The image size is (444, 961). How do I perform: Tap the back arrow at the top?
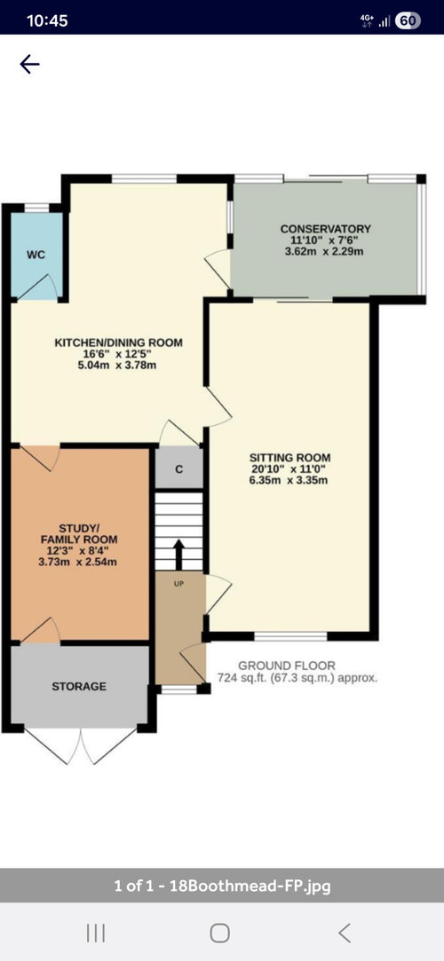(x=29, y=64)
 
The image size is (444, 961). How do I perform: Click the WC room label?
(x=36, y=256)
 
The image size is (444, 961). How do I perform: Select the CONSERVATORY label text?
(x=326, y=229)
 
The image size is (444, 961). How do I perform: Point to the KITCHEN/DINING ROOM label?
(x=119, y=343)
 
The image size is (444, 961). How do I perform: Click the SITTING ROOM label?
(x=290, y=457)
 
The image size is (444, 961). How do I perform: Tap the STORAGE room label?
(x=79, y=687)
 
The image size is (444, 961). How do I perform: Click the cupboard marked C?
(x=179, y=470)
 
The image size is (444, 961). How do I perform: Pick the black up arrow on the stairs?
(x=179, y=555)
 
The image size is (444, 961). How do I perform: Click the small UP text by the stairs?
(x=179, y=584)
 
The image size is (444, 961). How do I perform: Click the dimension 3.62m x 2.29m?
(x=326, y=251)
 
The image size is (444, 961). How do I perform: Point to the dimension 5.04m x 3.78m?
(x=119, y=366)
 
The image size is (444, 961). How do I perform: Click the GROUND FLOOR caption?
(x=287, y=666)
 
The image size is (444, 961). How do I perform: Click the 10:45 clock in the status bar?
(x=47, y=20)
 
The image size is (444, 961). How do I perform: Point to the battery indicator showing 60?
(x=408, y=21)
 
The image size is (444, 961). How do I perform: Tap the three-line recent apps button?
(x=96, y=933)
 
